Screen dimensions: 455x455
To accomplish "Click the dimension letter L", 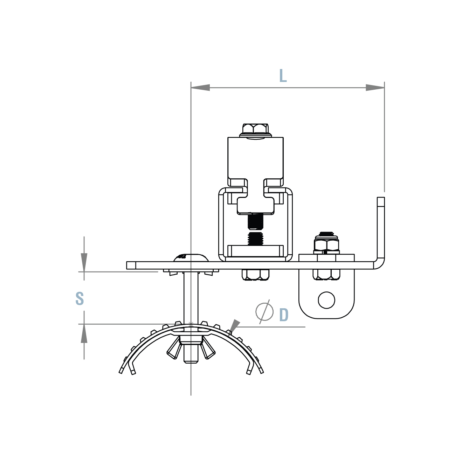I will tap(283, 76).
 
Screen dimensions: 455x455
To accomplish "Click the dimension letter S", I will tap(80, 298).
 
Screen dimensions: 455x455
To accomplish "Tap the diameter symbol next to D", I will tap(264, 311).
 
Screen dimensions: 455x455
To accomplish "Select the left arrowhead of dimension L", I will tap(200, 88).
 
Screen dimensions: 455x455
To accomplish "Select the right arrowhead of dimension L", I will tap(375, 88).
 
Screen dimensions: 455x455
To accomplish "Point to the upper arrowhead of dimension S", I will tap(84, 261).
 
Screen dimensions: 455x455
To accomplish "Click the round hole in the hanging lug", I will tap(326, 300).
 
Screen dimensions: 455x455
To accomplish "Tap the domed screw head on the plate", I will tap(191, 257).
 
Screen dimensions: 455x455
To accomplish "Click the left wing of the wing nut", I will tap(173, 351).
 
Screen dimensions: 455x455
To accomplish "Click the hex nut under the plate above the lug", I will tap(326, 274).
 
